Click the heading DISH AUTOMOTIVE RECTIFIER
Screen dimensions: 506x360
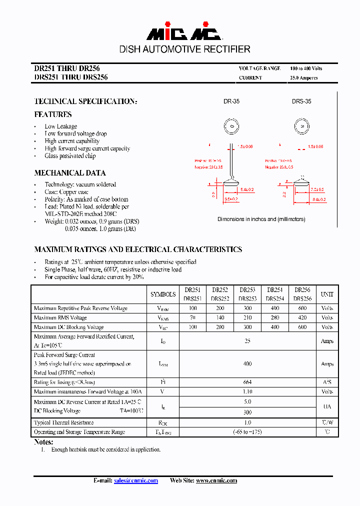click(x=184, y=49)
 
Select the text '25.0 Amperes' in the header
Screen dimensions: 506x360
click(x=303, y=78)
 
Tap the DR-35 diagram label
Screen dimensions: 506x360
click(x=231, y=101)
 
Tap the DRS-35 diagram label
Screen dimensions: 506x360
click(x=301, y=101)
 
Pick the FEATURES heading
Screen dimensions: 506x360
click(x=53, y=114)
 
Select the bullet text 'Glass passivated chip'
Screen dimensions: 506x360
click(x=70, y=156)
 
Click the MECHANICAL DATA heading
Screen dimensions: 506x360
click(x=70, y=173)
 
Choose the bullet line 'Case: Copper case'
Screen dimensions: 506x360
click(x=66, y=192)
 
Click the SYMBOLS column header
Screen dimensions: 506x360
click(x=163, y=294)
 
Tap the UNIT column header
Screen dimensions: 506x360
click(x=327, y=294)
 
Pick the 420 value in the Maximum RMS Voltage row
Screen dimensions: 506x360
click(x=302, y=317)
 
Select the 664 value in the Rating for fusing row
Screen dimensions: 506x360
click(x=247, y=382)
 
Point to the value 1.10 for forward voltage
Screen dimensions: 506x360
click(x=247, y=391)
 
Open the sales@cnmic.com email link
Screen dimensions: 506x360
click(x=135, y=480)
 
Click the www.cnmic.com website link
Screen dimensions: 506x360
click(x=216, y=480)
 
